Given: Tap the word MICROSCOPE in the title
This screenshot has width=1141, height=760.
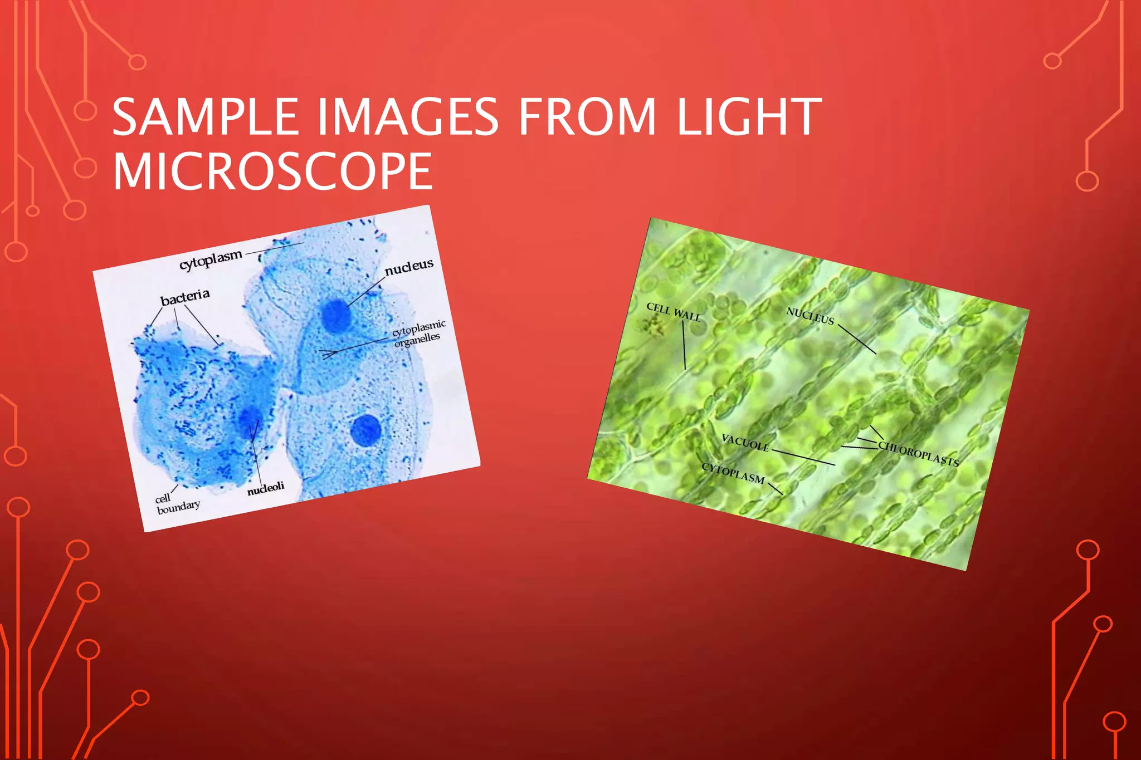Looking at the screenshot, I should [x=272, y=171].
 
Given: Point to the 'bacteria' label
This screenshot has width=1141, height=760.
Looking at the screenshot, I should [x=185, y=297].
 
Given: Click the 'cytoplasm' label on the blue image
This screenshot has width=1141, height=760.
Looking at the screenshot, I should [x=211, y=260].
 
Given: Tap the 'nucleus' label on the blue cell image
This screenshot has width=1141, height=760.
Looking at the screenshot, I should [x=409, y=267].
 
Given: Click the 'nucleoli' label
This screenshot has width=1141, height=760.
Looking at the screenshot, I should [x=266, y=489].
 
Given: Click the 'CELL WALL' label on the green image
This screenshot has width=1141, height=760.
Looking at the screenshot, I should [x=673, y=312].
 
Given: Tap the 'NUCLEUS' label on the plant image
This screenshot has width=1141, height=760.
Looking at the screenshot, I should [x=810, y=316].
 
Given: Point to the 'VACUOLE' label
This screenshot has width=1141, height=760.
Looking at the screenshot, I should [x=745, y=443].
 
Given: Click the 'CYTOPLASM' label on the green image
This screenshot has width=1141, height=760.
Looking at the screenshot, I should [x=733, y=473].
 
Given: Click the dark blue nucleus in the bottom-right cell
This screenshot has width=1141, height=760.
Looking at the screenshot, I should [x=366, y=430].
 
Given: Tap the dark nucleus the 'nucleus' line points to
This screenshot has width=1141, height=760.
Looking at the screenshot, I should [x=336, y=315].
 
